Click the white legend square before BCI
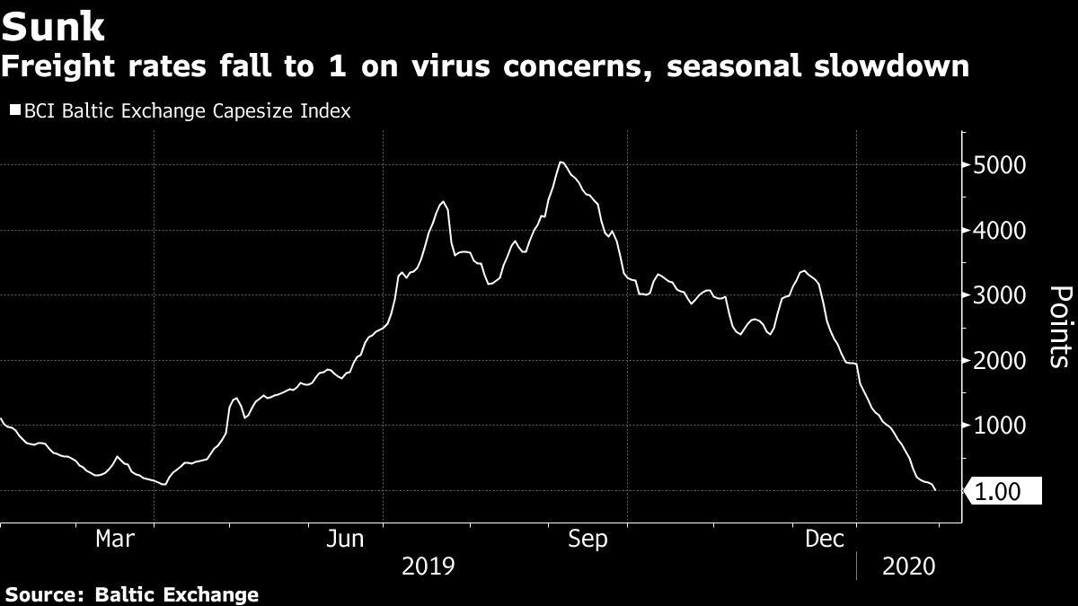coord(15,111)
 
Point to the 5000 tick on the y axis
coord(994,165)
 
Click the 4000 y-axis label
coord(994,231)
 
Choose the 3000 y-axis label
coord(994,295)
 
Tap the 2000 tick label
coord(994,361)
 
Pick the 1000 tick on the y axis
coord(994,426)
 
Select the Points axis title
coord(1060,328)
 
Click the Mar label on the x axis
coord(115,539)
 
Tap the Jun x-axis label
coord(345,539)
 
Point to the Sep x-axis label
coord(588,539)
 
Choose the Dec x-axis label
coord(824,539)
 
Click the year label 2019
coord(429,567)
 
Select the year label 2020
coord(910,567)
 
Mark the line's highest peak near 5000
coord(560,162)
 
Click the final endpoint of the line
coord(936,490)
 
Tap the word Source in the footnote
coord(40,594)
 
